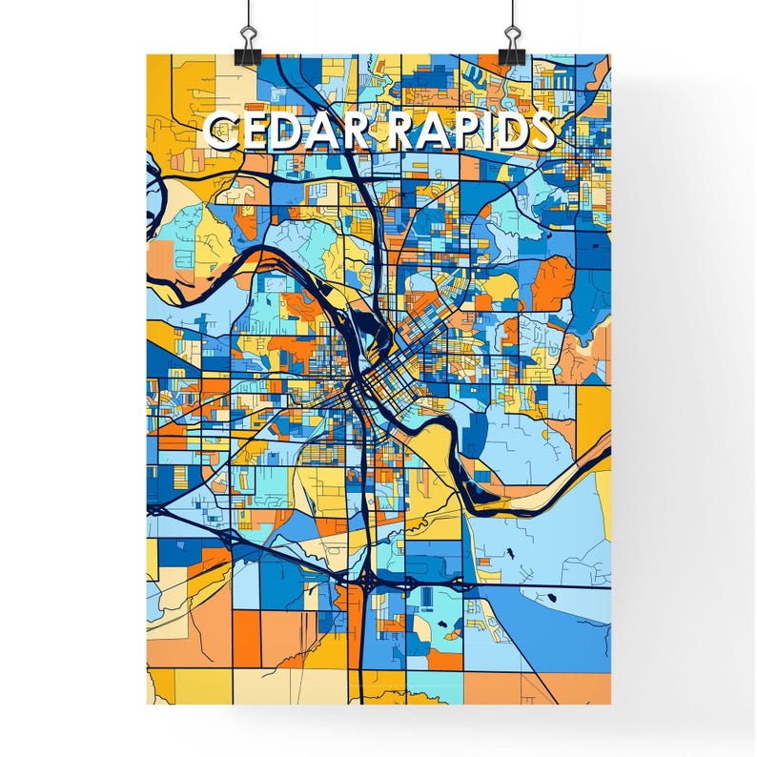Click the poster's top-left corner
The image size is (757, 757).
(x=147, y=54)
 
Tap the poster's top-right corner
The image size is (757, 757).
(x=610, y=54)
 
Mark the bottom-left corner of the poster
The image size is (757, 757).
(x=147, y=704)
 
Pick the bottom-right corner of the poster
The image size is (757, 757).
(x=610, y=704)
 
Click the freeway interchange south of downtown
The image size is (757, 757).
(x=367, y=577)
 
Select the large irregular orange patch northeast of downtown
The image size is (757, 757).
(x=553, y=283)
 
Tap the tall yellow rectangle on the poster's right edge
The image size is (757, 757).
(x=593, y=410)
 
